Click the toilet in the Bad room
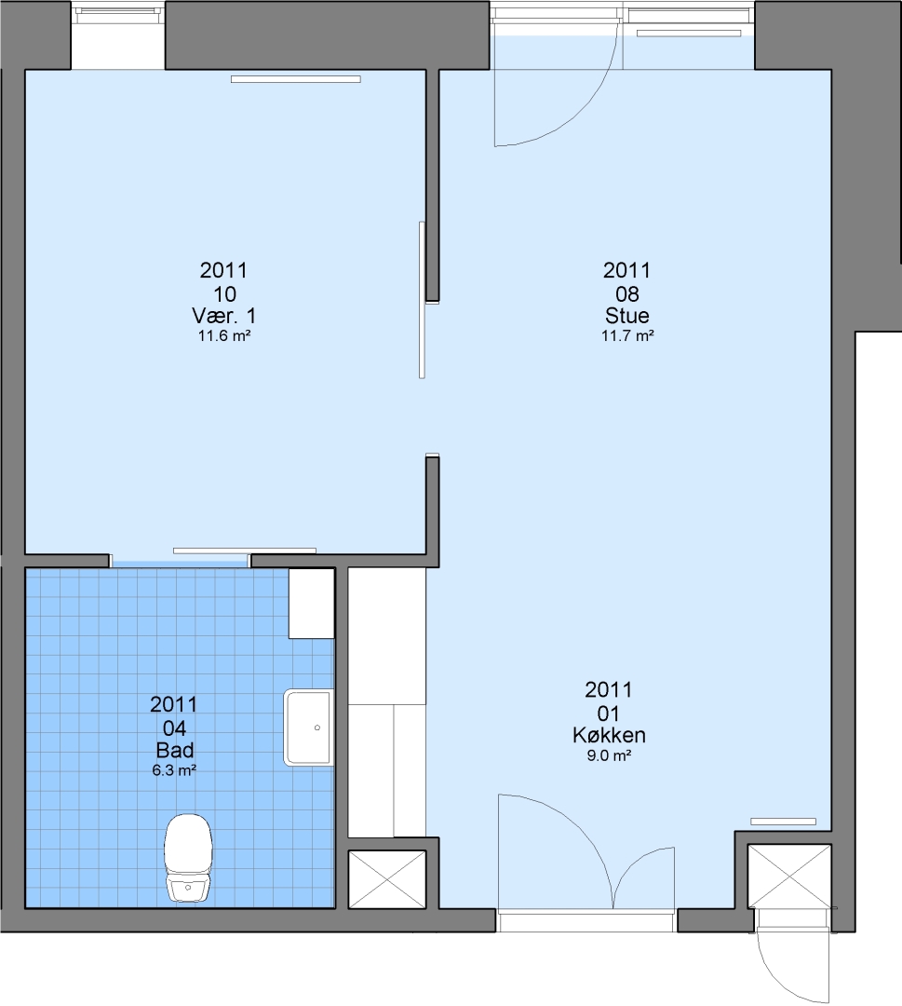(x=188, y=857)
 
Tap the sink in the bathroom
(x=309, y=727)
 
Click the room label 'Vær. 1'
(x=223, y=315)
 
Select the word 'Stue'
(x=627, y=315)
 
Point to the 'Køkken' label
(x=609, y=735)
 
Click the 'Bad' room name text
(x=174, y=749)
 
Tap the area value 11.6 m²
(x=223, y=335)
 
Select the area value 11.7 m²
(x=627, y=335)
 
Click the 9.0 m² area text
(x=609, y=755)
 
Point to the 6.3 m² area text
(x=174, y=770)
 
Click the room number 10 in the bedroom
(x=224, y=293)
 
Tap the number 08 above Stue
(x=627, y=293)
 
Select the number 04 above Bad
(x=174, y=728)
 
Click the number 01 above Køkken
(x=609, y=714)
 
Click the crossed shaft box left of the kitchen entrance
(x=387, y=879)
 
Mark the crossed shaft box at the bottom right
(x=789, y=876)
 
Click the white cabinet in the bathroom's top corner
(x=312, y=603)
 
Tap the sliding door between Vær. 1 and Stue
(x=422, y=300)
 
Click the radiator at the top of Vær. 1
(x=295, y=79)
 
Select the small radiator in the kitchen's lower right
(x=784, y=822)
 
